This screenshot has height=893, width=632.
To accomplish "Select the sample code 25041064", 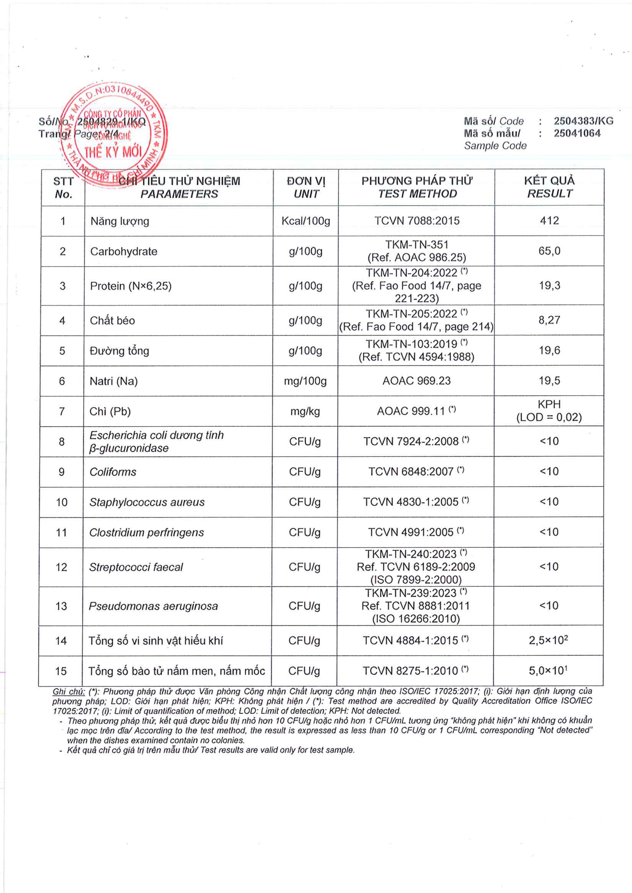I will tap(577, 133).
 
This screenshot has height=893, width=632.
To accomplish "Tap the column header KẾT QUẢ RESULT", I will tap(549, 187).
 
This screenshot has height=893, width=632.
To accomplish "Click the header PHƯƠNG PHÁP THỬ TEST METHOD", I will tap(417, 187).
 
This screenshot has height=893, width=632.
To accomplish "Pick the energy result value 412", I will tap(549, 221).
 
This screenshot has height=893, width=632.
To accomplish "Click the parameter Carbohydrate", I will tap(124, 251).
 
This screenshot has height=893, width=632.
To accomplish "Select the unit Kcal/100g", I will tap(306, 221).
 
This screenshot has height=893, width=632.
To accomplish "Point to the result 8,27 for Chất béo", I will tap(549, 320).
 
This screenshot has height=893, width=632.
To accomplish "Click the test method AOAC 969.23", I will tap(416, 381).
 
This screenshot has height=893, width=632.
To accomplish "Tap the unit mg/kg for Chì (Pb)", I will tap(305, 411).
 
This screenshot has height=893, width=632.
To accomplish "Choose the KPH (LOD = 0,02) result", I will tap(549, 411).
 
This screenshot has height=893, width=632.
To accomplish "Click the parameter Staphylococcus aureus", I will tap(147, 502).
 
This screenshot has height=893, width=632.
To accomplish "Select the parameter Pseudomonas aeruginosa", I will tap(153, 606).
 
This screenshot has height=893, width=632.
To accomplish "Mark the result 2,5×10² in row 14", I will tap(548, 640).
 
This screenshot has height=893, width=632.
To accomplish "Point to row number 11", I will tap(61, 532).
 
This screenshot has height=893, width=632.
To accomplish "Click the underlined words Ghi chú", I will tap(68, 691).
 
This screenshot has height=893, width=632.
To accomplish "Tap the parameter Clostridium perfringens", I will tap(146, 532).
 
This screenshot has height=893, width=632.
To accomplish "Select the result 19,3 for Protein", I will tap(549, 286).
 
